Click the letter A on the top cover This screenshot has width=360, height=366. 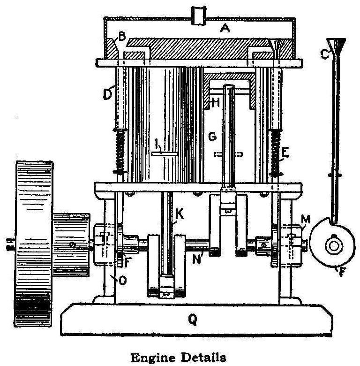pyautogui.click(x=225, y=29)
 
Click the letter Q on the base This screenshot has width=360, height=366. pyautogui.click(x=192, y=320)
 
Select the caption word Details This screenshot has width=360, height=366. pyautogui.click(x=203, y=358)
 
